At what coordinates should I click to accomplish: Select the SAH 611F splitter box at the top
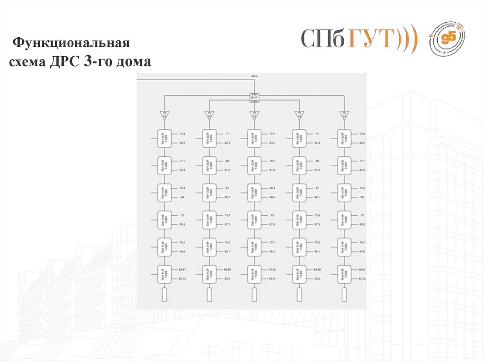tap(254, 98)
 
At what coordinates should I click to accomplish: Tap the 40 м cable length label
tap(254, 76)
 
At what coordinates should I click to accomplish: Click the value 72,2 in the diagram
tap(272, 135)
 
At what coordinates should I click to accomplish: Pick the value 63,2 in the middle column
tap(272, 143)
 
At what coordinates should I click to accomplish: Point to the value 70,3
tap(272, 161)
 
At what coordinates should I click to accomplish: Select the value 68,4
tap(272, 188)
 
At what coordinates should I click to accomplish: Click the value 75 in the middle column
tap(272, 215)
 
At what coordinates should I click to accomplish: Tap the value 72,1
tap(272, 243)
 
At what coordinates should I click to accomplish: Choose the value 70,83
tap(272, 269)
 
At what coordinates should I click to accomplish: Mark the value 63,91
tap(272, 279)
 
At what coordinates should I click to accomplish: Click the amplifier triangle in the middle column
tap(254, 115)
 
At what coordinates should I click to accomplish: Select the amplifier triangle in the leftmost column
tap(164, 115)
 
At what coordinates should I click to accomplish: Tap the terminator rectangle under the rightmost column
tap(344, 295)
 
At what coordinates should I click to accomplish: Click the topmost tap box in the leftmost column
tap(164, 138)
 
